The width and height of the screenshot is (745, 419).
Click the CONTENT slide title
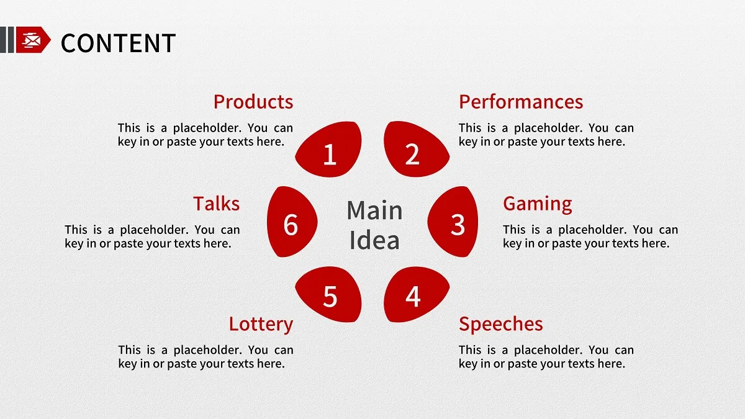tap(118, 43)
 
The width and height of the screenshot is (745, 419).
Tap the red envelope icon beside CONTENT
tap(32, 40)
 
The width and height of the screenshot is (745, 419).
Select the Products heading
tap(253, 102)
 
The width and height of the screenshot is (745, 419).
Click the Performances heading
tap(520, 102)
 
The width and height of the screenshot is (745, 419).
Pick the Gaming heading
tap(537, 204)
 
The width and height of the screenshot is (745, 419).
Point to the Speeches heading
tap(500, 324)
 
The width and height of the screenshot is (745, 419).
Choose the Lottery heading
tap(261, 324)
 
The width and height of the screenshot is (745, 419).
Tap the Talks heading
tap(216, 204)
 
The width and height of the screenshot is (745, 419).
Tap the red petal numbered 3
tap(454, 222)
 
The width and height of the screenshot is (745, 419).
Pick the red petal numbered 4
tap(415, 295)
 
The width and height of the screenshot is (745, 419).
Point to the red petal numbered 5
tap(329, 295)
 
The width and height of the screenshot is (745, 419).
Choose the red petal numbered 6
tap(291, 222)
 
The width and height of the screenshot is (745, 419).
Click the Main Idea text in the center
tap(374, 225)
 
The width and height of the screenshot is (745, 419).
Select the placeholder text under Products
tap(205, 135)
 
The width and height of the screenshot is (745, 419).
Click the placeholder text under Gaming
tap(590, 237)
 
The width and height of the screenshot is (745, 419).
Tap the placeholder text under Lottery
tap(205, 357)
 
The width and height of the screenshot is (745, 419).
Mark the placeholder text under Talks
tap(152, 237)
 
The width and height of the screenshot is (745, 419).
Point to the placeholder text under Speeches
tap(546, 357)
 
